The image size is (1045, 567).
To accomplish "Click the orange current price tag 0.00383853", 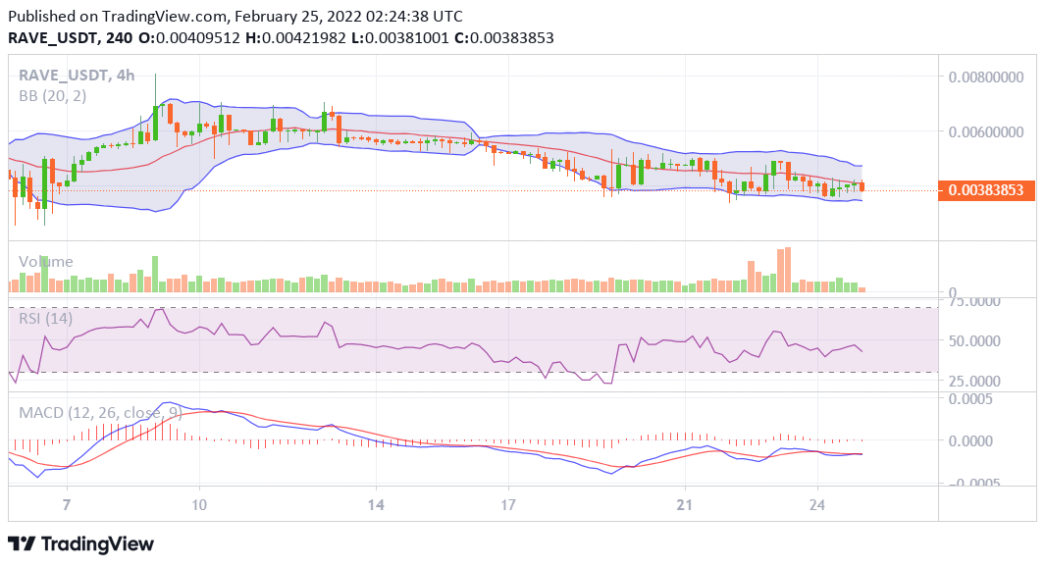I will pyautogui.click(x=987, y=191).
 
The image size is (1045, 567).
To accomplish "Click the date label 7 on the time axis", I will pyautogui.click(x=66, y=503).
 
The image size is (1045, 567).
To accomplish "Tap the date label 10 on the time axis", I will pyautogui.click(x=199, y=503).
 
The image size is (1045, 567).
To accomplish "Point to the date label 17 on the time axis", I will pyautogui.click(x=507, y=503).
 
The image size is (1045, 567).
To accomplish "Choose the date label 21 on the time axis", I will pyautogui.click(x=685, y=503).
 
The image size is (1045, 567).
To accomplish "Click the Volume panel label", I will pyautogui.click(x=45, y=262).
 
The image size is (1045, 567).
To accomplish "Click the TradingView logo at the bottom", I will pyautogui.click(x=81, y=543).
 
